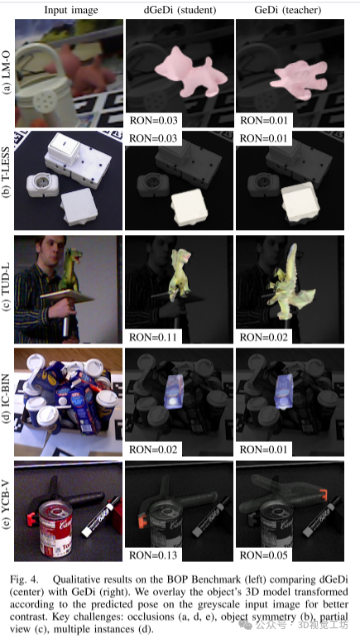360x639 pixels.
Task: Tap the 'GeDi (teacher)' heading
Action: [287, 10]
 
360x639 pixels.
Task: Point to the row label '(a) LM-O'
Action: [7, 74]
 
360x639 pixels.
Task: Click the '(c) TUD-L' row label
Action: [7, 289]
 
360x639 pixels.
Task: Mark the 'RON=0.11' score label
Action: [154, 338]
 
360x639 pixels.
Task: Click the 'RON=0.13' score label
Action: [154, 555]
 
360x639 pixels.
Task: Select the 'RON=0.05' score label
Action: [264, 555]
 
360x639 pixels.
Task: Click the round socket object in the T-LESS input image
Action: [42, 185]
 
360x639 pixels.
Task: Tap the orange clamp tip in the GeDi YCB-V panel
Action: [322, 495]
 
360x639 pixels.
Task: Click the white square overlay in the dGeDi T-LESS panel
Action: [189, 208]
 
